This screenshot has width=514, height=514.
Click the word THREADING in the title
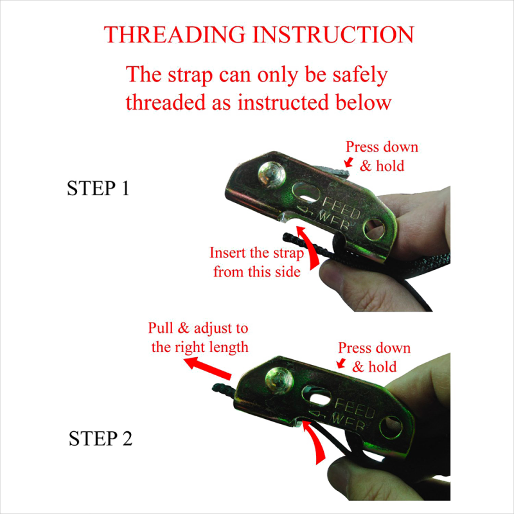pos(174,35)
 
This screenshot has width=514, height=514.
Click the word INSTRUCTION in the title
pos(333,35)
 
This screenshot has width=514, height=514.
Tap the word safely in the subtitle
pos(360,75)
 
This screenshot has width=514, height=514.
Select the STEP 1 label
pos(98,188)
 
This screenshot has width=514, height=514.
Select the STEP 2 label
pos(100,438)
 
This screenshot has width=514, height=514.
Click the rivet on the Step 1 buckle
pos(271,175)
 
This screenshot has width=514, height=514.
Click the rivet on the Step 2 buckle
pos(279,380)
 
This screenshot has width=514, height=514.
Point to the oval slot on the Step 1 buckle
pos(306,193)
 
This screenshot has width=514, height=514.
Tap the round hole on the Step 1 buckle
pos(375,229)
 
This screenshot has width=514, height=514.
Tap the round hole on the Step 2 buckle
pos(391,427)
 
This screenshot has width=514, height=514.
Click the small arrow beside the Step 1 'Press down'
pos(348,162)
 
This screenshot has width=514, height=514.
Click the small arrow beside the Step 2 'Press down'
pos(341,363)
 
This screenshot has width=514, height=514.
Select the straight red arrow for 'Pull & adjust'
pos(207,368)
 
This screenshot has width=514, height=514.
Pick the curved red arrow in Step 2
pos(314,442)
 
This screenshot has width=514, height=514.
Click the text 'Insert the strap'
pos(256,253)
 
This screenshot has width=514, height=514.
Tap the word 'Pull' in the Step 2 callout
pos(161,328)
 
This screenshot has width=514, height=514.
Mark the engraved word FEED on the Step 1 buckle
pos(341,208)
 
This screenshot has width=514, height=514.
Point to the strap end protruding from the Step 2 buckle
pos(223,390)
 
